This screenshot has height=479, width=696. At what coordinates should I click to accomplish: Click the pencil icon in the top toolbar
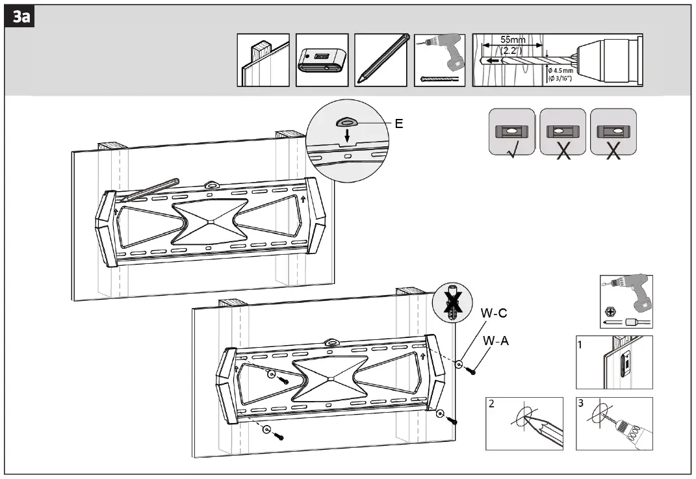(x=381, y=60)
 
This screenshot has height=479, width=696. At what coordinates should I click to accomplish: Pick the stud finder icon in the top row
(x=322, y=60)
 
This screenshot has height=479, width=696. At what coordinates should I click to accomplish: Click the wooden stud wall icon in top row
(x=263, y=60)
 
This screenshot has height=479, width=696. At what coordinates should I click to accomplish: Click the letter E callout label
(x=399, y=123)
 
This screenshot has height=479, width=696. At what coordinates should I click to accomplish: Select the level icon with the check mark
(x=512, y=132)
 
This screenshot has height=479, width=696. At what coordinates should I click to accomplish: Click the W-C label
(x=494, y=313)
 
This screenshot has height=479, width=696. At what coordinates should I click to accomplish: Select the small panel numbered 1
(x=614, y=363)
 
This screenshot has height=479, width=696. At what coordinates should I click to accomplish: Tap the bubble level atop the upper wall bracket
(x=211, y=185)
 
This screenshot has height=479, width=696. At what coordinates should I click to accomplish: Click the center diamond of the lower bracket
(x=330, y=378)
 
